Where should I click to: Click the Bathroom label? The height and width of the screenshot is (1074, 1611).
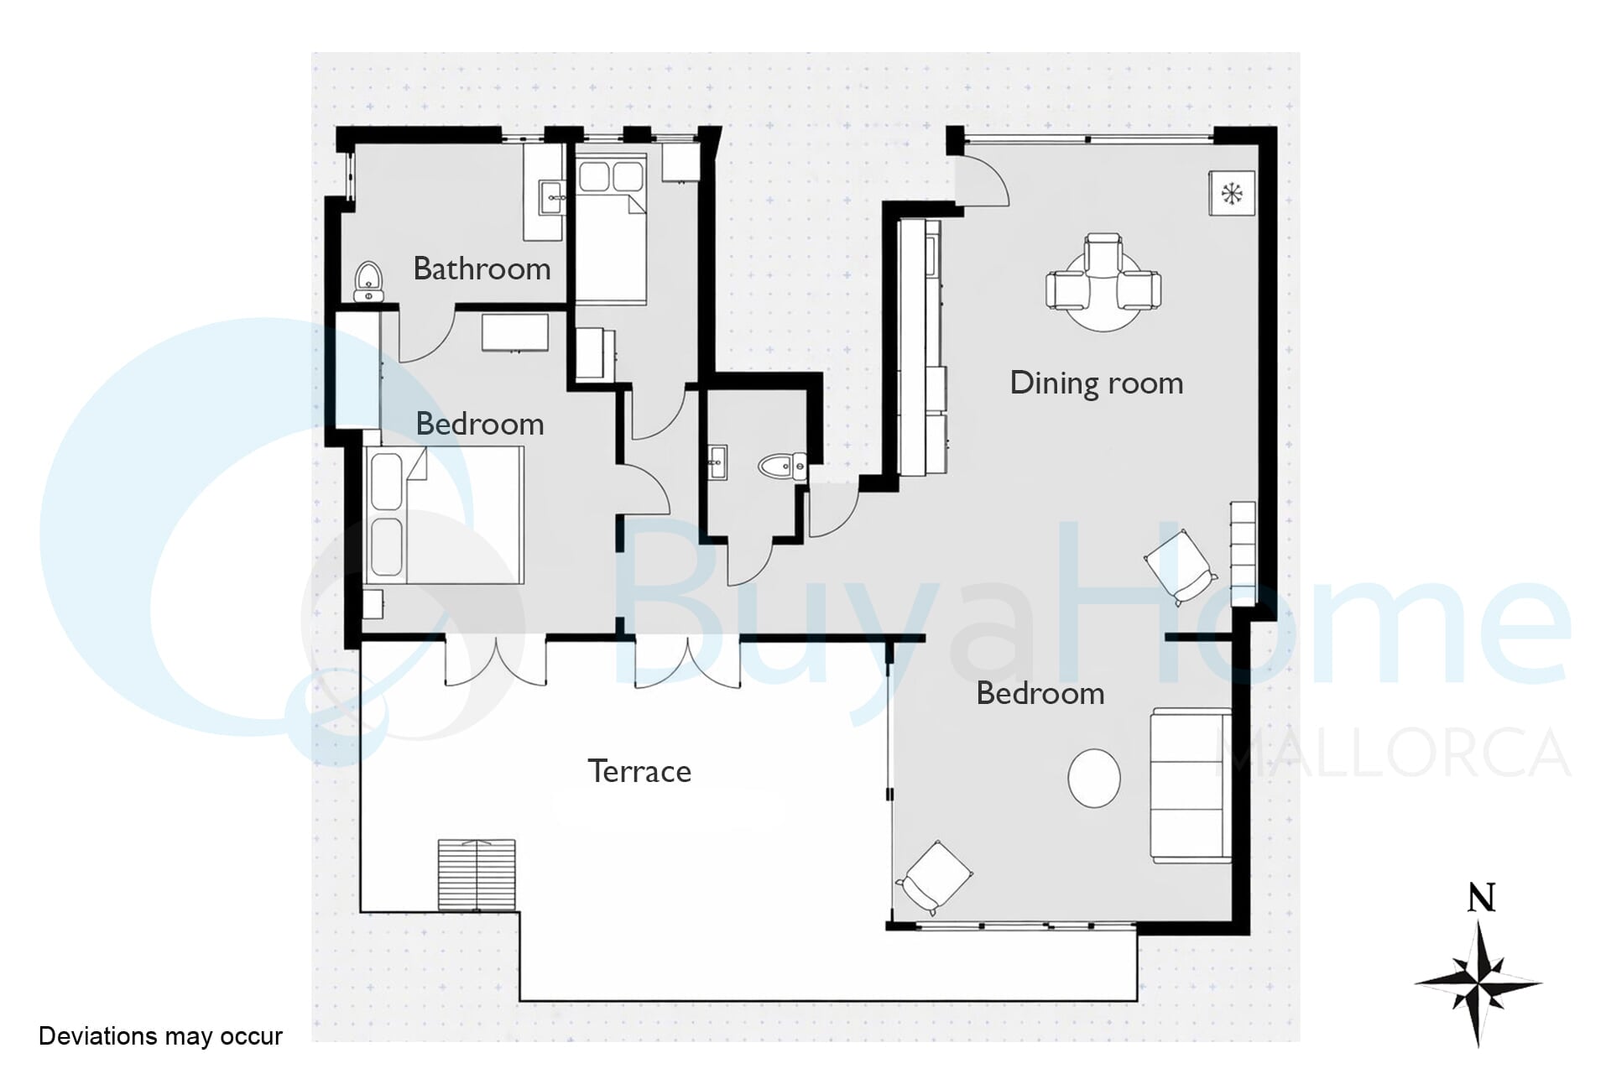tap(482, 268)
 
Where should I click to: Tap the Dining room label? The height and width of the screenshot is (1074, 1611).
tap(1096, 383)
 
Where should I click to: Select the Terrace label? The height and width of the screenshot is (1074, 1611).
tap(639, 771)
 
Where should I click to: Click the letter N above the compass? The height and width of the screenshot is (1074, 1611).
tap(1481, 898)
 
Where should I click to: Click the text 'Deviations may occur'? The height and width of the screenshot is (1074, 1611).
tap(160, 1036)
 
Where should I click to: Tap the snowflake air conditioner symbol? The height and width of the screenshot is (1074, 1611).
tap(1232, 193)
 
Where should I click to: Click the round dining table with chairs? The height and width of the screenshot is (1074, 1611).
tap(1103, 282)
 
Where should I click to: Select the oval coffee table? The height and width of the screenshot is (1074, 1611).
tap(1094, 778)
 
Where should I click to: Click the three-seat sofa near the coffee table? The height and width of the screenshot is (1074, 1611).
tap(1191, 785)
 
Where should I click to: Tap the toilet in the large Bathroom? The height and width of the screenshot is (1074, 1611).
tap(368, 282)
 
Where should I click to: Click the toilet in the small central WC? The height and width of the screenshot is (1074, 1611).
tap(783, 467)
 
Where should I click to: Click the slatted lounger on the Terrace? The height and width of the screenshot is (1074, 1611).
tap(477, 874)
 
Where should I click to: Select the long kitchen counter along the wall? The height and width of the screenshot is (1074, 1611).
tap(921, 348)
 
